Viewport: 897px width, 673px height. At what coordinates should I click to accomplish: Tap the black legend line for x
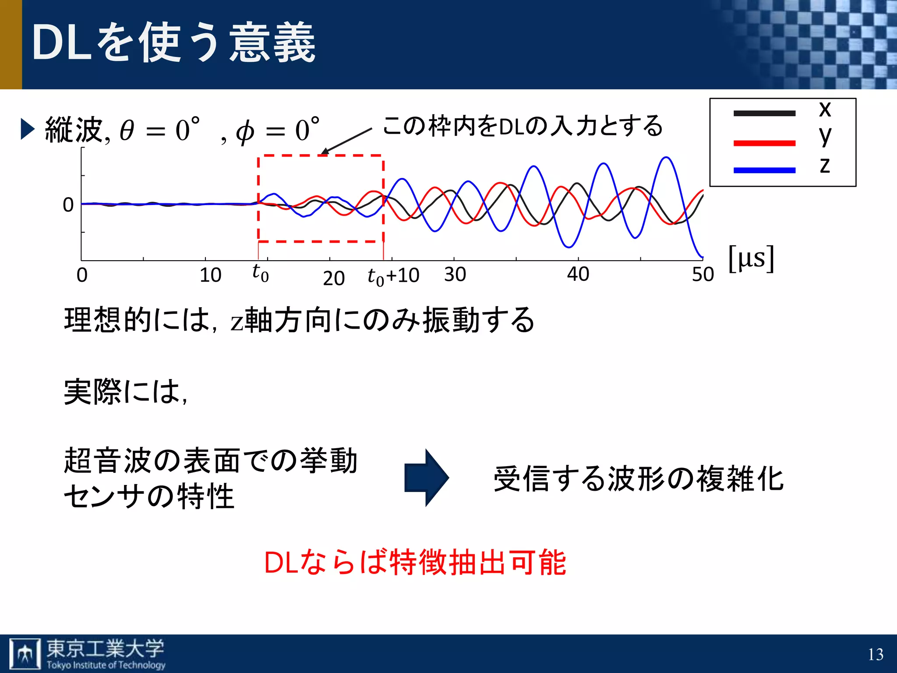[x=764, y=113]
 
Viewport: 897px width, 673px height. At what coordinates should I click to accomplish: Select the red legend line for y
[x=764, y=143]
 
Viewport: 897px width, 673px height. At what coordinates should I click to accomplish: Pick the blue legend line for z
[x=764, y=170]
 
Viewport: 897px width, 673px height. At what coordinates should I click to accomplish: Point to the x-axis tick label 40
[x=578, y=275]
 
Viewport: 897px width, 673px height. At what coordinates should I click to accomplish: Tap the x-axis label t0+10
[x=393, y=276]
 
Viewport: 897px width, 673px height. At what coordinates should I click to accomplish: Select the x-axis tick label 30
[x=455, y=275]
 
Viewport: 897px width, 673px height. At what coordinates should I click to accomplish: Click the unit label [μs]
[x=751, y=259]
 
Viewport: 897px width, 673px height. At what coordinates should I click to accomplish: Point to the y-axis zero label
[x=68, y=205]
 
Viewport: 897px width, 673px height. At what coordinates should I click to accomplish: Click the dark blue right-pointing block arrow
[x=426, y=478]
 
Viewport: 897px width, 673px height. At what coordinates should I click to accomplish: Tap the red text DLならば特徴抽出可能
[x=415, y=562]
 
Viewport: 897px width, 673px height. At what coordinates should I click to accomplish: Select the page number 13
[x=875, y=655]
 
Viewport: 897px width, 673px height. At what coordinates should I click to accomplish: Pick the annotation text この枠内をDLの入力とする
[x=522, y=126]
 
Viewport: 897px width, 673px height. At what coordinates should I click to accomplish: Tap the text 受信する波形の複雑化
[x=638, y=478]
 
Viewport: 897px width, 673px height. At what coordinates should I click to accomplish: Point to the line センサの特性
[x=149, y=497]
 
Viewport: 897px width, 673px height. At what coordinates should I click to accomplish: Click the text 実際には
[x=125, y=391]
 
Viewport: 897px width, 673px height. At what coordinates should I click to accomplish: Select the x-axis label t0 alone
[x=260, y=273]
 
